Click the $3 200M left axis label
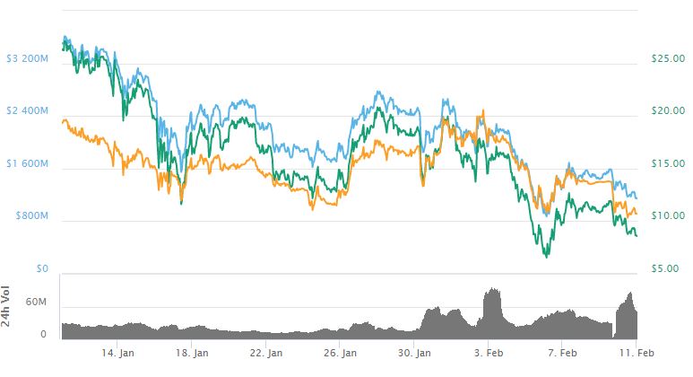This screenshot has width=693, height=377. [x=27, y=59]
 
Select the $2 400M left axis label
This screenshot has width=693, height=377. [x=27, y=111]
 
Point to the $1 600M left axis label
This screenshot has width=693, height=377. [x=27, y=163]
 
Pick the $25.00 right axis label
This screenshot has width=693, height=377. [x=667, y=59]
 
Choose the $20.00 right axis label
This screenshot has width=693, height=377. [x=667, y=111]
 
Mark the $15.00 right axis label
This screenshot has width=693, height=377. [x=667, y=163]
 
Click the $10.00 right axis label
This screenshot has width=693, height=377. [x=667, y=216]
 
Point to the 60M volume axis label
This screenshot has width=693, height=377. [x=35, y=302]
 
